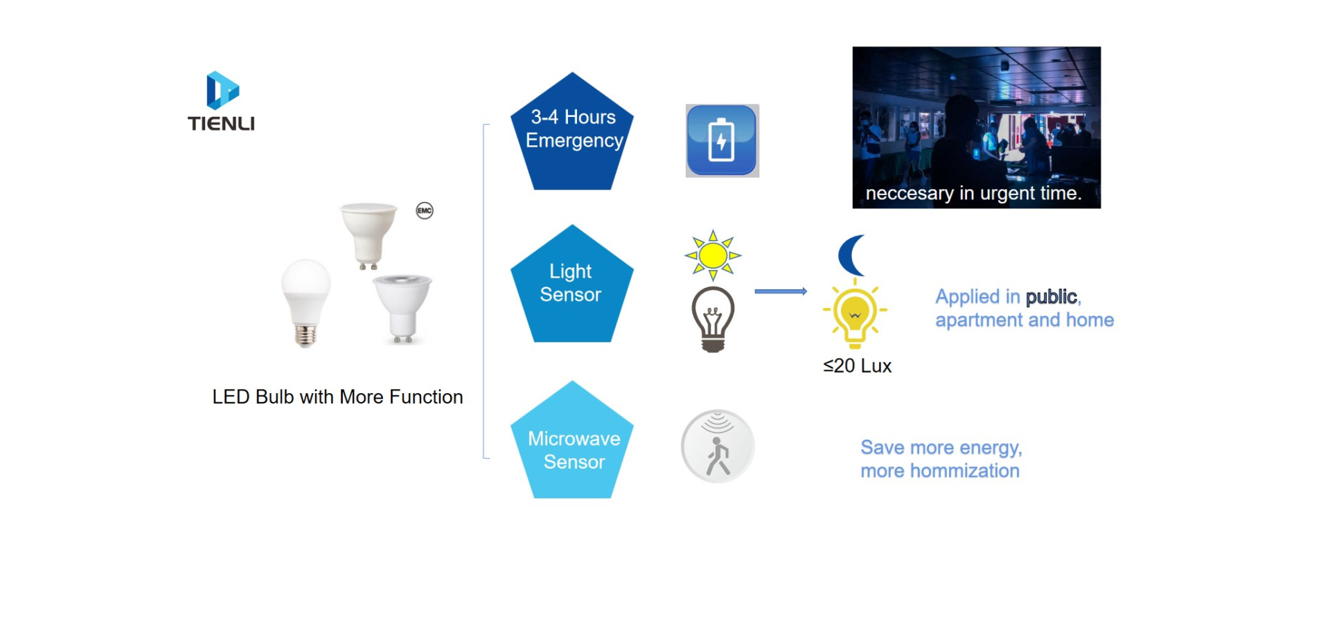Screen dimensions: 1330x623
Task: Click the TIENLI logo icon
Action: [x=222, y=90]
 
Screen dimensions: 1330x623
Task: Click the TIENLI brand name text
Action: [x=221, y=124]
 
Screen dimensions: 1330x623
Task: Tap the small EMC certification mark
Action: [x=425, y=210]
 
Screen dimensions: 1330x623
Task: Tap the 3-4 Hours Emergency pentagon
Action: [x=572, y=132]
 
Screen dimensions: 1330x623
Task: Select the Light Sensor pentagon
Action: [x=572, y=284]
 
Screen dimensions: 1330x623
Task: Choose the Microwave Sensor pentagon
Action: [x=572, y=440]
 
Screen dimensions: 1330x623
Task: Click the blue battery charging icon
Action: [x=722, y=141]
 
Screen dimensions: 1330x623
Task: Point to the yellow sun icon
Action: [x=713, y=255]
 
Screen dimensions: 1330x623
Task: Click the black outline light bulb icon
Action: [x=713, y=319]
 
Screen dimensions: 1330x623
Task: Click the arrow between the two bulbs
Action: [x=781, y=291]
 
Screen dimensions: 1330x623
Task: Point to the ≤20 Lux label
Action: [x=857, y=365]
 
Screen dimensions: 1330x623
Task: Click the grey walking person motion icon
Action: [x=718, y=446]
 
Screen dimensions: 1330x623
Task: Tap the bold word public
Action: [x=1052, y=297]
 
